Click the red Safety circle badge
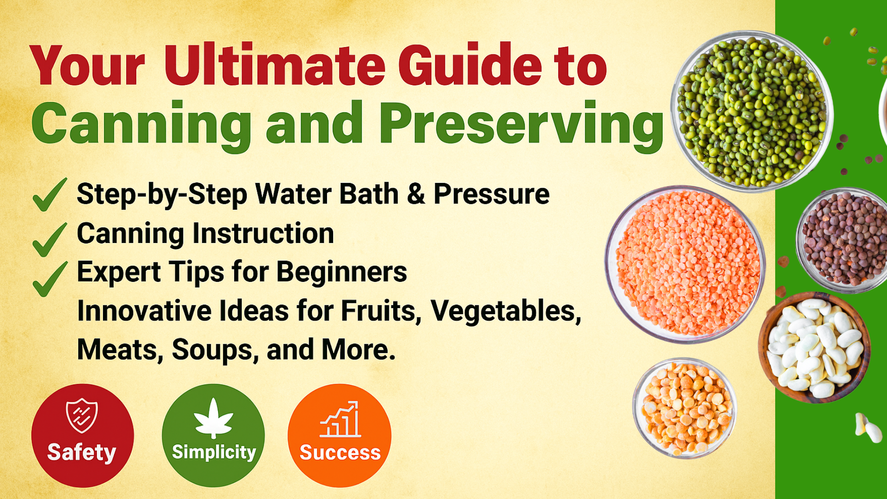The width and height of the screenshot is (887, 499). click(83, 435)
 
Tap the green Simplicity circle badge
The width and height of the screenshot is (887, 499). click(213, 435)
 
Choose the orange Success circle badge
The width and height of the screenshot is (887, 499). click(340, 435)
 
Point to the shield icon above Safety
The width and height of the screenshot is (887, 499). click(82, 415)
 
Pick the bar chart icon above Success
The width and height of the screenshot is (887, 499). click(340, 419)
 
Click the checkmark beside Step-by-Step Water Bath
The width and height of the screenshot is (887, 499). click(49, 195)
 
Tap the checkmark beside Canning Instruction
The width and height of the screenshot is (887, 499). click(49, 239)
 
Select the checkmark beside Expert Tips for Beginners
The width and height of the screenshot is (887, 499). click(49, 279)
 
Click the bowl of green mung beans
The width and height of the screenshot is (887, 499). click(752, 111)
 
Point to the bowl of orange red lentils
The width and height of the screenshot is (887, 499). click(685, 264)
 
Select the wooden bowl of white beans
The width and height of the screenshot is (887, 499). click(814, 347)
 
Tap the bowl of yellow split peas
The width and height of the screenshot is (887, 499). click(685, 408)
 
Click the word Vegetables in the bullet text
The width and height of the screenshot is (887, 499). click(506, 311)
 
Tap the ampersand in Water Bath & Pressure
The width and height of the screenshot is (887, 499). click(416, 194)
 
